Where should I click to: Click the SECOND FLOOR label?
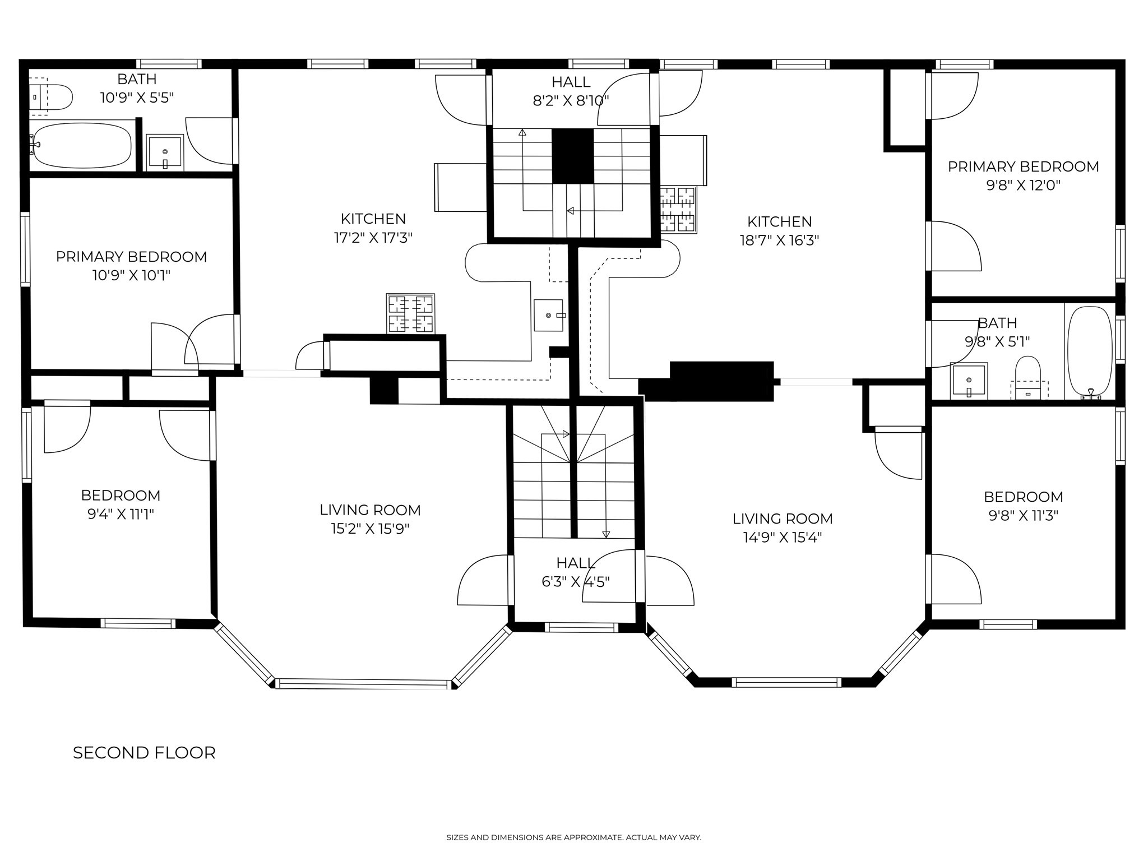144,753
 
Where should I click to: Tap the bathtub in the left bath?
82,146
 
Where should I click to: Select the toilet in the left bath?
53,98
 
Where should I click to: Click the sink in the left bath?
165,152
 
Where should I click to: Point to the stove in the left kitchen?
410,313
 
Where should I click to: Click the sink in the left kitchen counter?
548,316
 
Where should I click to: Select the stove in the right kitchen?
678,210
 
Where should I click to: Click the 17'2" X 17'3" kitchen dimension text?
373,238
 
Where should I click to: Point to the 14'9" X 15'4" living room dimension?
782,538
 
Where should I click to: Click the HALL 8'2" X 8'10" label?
571,91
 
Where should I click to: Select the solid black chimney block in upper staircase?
572,156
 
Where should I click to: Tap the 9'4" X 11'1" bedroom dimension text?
121,514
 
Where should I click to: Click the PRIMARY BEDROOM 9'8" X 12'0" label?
1023,175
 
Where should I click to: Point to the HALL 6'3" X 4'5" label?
576,572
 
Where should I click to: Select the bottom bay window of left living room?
363,683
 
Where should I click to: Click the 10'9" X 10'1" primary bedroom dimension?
131,275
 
